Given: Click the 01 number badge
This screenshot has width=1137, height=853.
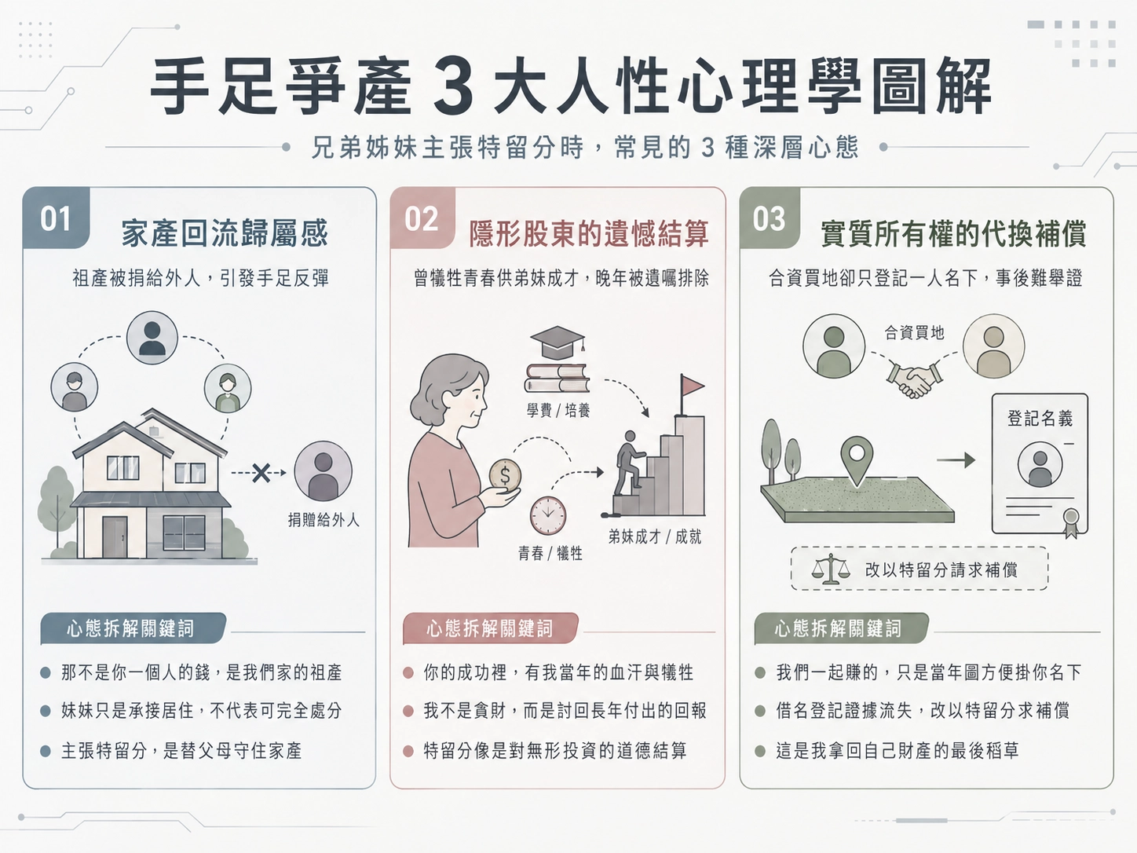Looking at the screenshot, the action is point(56,218).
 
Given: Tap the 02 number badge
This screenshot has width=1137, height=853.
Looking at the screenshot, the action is point(422,218).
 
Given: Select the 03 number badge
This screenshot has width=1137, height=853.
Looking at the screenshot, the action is point(770,218).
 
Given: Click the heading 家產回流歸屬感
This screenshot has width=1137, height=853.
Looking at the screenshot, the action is point(225,233).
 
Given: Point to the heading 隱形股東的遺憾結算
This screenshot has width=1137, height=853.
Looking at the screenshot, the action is point(588,233).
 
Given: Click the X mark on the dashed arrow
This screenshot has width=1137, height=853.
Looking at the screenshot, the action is point(261,472).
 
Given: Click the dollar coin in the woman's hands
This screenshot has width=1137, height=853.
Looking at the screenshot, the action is point(505,475).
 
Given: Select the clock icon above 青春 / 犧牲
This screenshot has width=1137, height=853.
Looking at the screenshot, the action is point(548,515).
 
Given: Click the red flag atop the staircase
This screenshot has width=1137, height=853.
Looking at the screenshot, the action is point(691,385).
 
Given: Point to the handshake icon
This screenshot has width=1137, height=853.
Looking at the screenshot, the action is point(914,379).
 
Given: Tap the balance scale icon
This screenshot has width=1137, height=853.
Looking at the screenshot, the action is point(831,569).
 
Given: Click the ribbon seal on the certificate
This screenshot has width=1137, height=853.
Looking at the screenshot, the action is point(1071,522).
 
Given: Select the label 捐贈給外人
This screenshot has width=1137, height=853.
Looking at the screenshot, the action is point(324,519).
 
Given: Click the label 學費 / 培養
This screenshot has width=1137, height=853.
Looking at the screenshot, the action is point(558,411).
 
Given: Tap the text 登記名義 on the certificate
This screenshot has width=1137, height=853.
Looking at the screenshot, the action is point(1040,418).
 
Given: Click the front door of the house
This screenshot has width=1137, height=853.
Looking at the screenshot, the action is point(115,537).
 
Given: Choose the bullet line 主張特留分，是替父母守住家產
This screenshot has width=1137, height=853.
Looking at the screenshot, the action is point(181,750).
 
